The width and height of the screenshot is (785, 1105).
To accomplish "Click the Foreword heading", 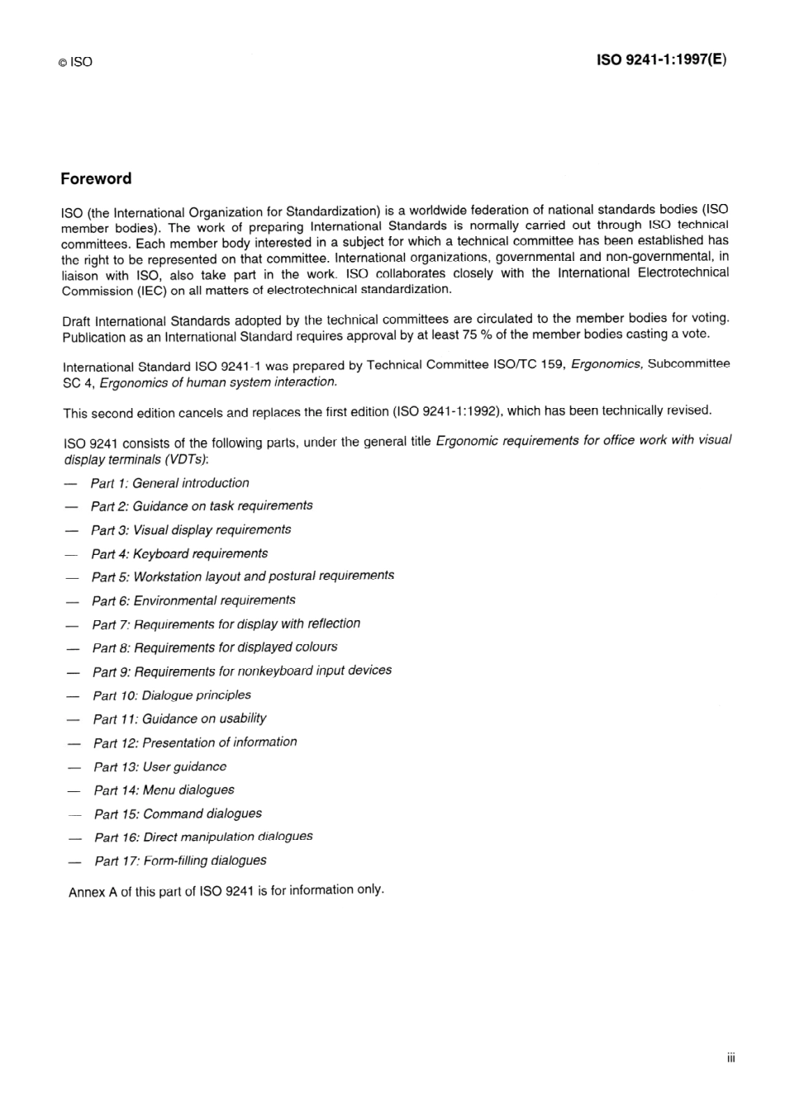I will pos(96,178).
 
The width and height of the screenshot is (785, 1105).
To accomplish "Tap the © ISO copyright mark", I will pos(75,62).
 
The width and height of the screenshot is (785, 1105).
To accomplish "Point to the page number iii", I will pos(730,1058).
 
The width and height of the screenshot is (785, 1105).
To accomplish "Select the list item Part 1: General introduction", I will pos(169,483).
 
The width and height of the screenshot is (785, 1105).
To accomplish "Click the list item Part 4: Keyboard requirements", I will pos(179,553).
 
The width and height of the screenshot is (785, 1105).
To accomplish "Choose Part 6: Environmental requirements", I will pos(193,600).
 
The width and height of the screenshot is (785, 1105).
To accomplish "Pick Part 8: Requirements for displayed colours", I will pos(215,647).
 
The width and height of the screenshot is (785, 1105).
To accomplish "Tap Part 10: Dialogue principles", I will pos(172,695).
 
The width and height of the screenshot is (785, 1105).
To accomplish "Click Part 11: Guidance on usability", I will pos(179,718).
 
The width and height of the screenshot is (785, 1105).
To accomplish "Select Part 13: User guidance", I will pos(159,766).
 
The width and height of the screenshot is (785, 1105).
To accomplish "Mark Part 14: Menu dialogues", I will pos(164,790).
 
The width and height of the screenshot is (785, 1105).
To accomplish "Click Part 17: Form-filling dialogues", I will pos(180,861).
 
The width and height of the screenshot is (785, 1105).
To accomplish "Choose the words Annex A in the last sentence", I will pos(93,892).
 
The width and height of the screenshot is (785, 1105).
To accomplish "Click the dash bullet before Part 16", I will pos(75,837).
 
